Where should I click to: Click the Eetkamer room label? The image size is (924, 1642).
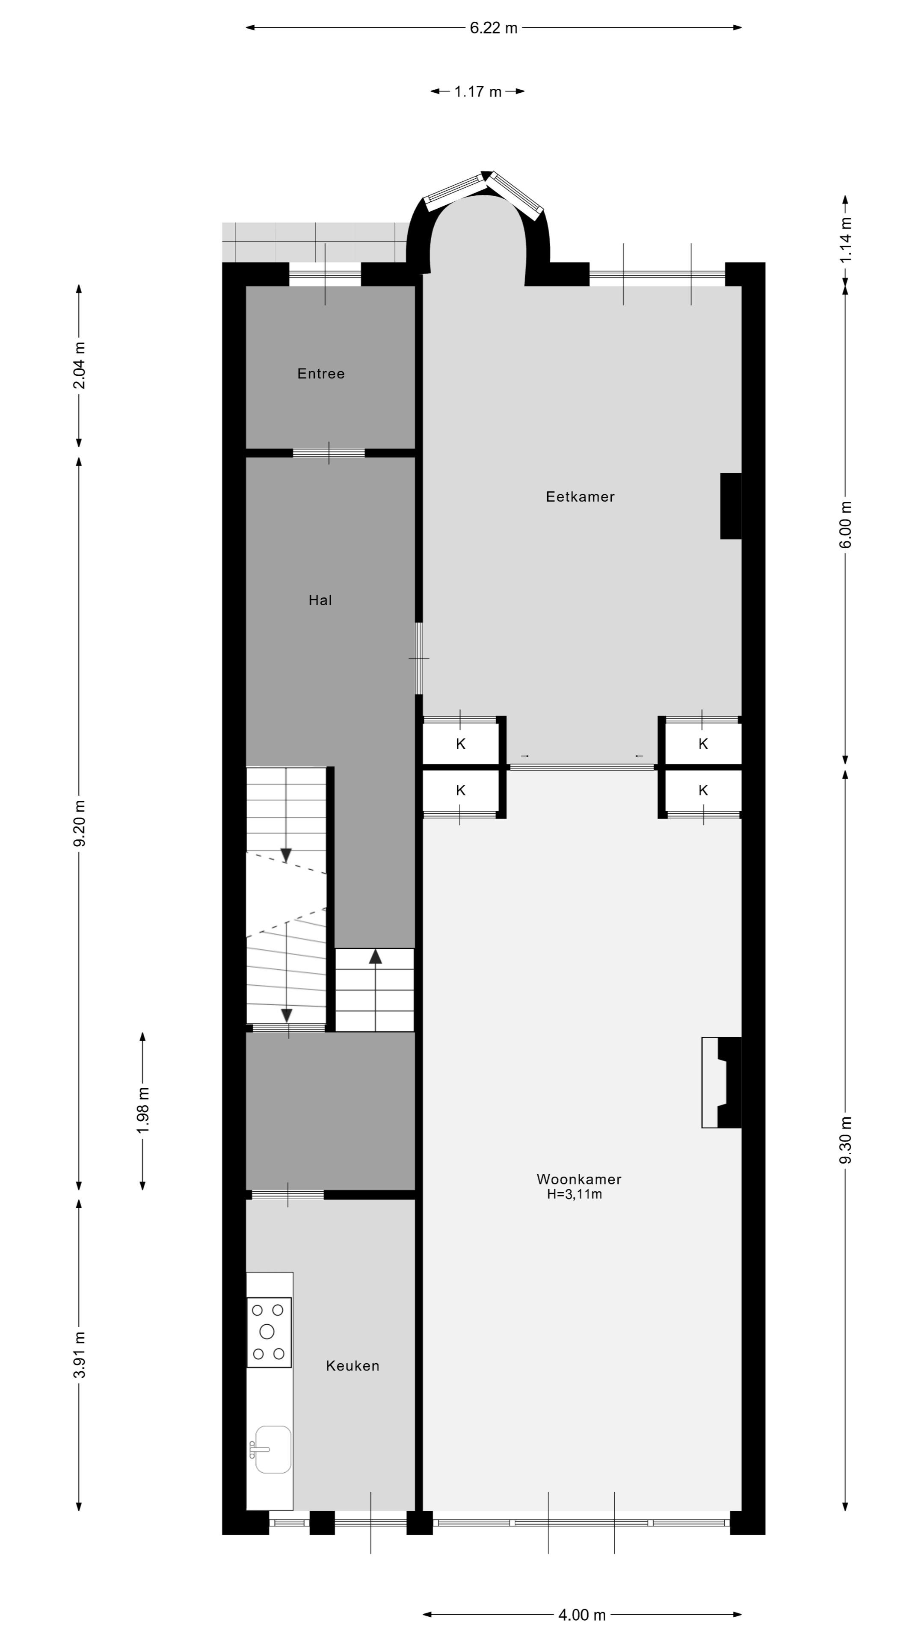coord(580,496)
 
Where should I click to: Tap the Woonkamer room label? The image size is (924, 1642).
coord(578,1179)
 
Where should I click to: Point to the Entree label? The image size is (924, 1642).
coord(321,374)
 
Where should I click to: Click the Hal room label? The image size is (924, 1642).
coord(320,600)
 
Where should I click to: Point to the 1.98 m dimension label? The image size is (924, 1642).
coord(143,1110)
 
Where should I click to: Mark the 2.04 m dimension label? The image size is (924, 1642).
coord(79,365)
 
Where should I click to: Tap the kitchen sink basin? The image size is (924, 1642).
coord(273,1449)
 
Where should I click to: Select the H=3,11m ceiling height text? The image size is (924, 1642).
coord(574,1195)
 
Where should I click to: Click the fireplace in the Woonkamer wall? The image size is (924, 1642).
coord(722,1082)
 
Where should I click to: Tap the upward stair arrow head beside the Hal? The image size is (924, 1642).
coord(375,956)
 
